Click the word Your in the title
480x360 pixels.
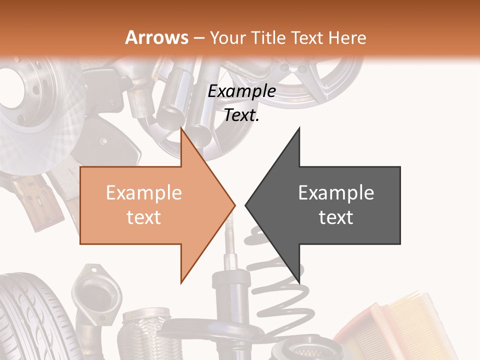click(x=227, y=38)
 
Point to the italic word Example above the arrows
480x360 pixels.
click(x=241, y=91)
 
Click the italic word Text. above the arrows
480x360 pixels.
click(x=241, y=115)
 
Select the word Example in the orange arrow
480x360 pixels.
click(x=143, y=193)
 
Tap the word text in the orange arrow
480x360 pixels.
click(x=143, y=217)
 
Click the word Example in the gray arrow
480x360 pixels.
click(x=336, y=193)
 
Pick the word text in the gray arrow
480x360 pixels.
click(x=336, y=217)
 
